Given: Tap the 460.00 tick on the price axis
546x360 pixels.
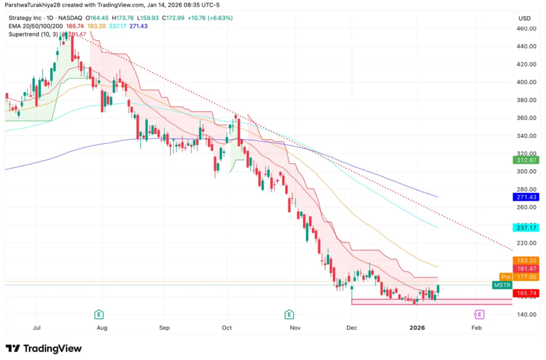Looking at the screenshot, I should click(x=526, y=28).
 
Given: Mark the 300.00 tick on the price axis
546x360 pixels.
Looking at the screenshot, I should click(x=526, y=171).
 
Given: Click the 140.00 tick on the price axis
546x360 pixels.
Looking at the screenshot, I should click(x=526, y=315).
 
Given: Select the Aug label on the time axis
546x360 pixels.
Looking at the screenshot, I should click(x=102, y=328).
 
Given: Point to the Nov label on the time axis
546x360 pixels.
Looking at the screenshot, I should click(x=295, y=328).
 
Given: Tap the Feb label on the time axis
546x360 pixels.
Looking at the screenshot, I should click(x=477, y=328).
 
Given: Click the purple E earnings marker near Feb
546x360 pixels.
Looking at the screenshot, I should click(x=479, y=314).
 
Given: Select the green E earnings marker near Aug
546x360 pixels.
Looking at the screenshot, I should click(x=99, y=314).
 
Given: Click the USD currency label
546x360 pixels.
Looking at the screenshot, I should click(x=524, y=18).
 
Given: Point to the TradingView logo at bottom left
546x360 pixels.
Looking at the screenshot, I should click(x=44, y=349).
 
